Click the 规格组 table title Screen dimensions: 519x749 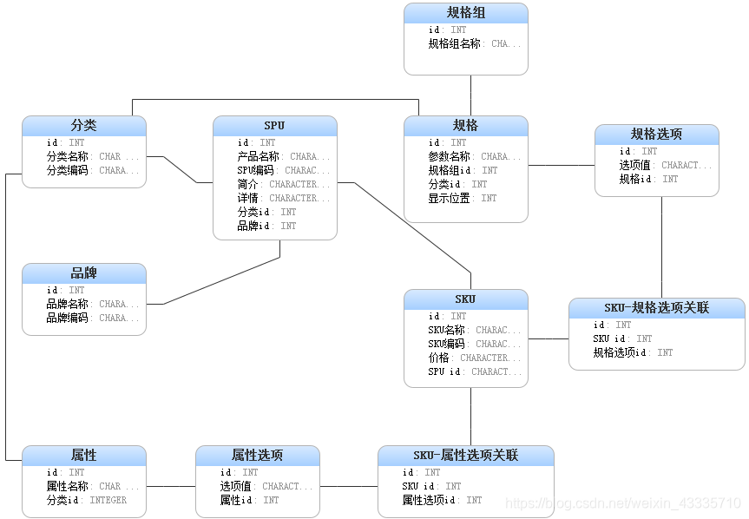466,13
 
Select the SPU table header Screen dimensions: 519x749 274,126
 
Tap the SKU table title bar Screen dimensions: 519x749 465,299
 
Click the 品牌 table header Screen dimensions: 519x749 83,273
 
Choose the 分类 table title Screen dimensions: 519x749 83,126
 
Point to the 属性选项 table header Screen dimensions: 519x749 257,456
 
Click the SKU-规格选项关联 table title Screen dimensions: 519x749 656,308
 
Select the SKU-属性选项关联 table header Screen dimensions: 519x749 465,456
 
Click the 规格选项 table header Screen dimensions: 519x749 656,135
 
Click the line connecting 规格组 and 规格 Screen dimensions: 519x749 470,95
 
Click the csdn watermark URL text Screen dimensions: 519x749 622,503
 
